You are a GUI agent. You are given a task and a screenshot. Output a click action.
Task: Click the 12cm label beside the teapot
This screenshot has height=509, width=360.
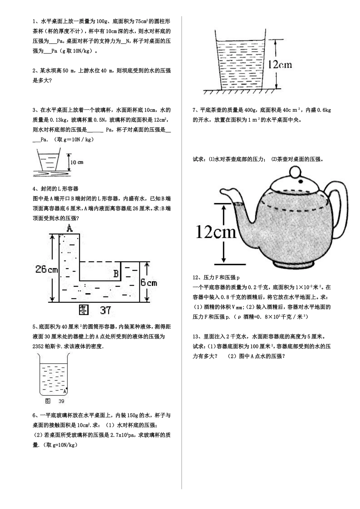click(x=216, y=231)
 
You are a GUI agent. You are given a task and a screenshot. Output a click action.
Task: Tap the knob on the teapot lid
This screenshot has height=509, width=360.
click(x=294, y=172)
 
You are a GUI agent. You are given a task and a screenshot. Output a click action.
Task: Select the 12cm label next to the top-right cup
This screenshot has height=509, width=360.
click(x=280, y=64)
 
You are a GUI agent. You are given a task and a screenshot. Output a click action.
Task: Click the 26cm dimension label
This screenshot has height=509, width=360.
click(x=46, y=269)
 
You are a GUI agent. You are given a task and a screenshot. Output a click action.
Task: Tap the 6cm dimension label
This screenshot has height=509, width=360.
click(x=149, y=283)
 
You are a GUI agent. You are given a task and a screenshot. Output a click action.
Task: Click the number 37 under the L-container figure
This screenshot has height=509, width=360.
click(x=105, y=311)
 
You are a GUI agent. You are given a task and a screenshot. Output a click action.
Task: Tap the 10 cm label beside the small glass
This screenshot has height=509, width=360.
click(x=77, y=162)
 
